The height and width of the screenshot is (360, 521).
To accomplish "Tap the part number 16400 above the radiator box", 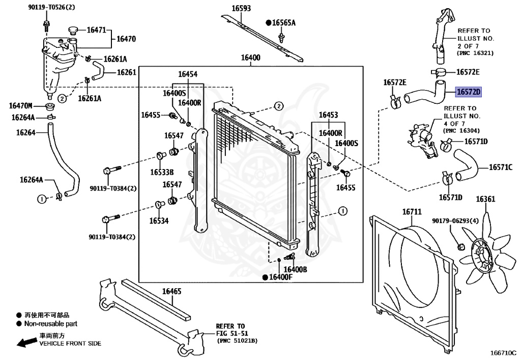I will [x=250, y=58].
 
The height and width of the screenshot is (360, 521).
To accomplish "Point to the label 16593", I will [x=241, y=8].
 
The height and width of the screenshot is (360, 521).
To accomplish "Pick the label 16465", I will [x=171, y=291].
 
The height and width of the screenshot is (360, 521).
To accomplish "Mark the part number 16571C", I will [x=501, y=167].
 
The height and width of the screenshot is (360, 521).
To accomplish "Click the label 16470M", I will [x=20, y=106].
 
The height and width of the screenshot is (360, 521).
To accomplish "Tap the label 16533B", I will [x=162, y=172].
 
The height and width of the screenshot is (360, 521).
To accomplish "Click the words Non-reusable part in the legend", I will [x=51, y=323].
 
